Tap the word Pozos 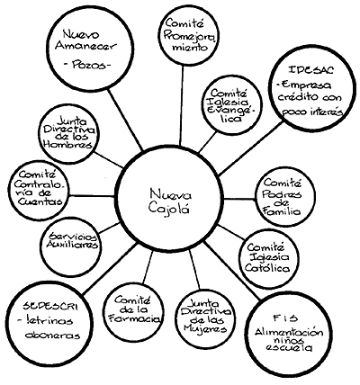pyautogui.click(x=86, y=66)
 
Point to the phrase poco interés pyautogui.click(x=312, y=112)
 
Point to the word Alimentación pyautogui.click(x=289, y=332)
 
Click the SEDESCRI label pyautogui.click(x=50, y=307)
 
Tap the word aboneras pyautogui.click(x=53, y=335)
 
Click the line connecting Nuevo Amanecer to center pyautogui.click(x=125, y=120)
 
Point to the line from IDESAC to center pyautogui.click(x=250, y=148)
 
